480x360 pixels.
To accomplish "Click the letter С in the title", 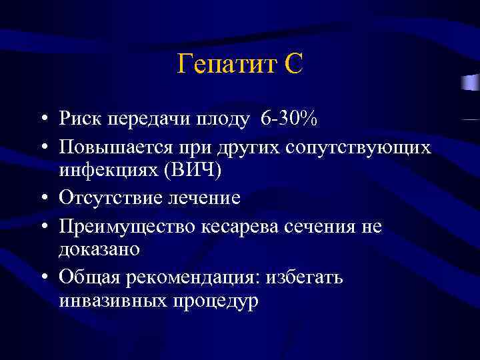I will point(293,65).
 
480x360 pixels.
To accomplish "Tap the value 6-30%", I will point(289,119).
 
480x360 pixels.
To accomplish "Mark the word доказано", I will point(99,249).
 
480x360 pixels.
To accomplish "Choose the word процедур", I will point(215,301).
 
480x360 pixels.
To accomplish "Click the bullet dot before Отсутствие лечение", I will point(43,199).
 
